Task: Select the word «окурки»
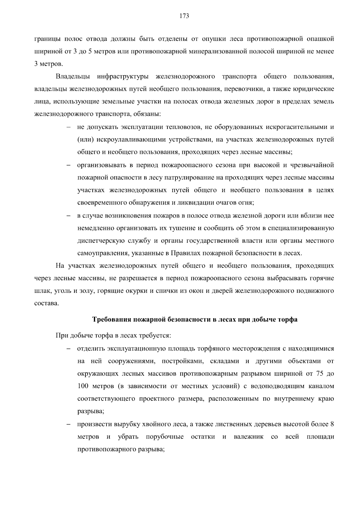click(139, 291)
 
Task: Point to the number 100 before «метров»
click(82, 386)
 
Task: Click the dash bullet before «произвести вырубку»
click(68, 424)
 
